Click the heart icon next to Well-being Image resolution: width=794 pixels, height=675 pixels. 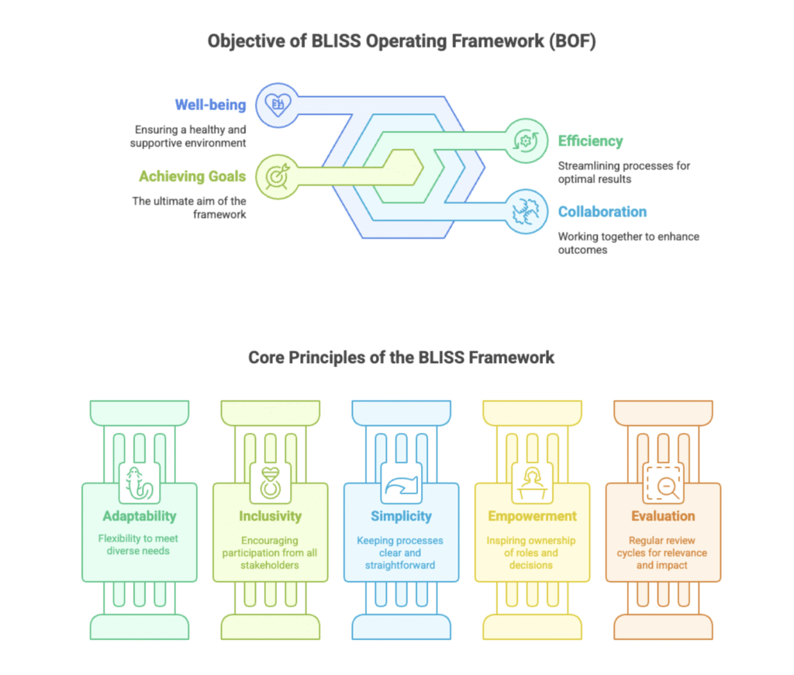tap(277, 104)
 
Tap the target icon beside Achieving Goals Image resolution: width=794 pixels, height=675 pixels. tap(276, 175)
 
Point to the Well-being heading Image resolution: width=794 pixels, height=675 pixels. tap(210, 105)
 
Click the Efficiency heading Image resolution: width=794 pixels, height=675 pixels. tap(590, 141)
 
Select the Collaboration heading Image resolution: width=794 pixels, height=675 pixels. tap(602, 212)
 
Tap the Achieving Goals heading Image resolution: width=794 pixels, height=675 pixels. tap(192, 176)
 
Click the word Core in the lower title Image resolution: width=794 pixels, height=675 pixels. tap(266, 358)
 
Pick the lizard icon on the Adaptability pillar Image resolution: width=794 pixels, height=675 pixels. tap(140, 484)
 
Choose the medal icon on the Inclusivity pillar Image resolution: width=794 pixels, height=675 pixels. tap(271, 484)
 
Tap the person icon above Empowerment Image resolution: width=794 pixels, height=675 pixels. tap(532, 484)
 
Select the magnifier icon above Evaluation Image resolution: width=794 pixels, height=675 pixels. tap(663, 484)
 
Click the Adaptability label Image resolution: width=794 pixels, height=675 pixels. tap(140, 516)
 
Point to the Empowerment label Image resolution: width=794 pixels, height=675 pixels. tap(532, 516)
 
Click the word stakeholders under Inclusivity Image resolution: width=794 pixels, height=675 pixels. tap(270, 565)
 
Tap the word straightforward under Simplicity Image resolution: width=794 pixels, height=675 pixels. tap(401, 565)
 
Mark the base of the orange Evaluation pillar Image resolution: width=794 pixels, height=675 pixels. tap(663, 626)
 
